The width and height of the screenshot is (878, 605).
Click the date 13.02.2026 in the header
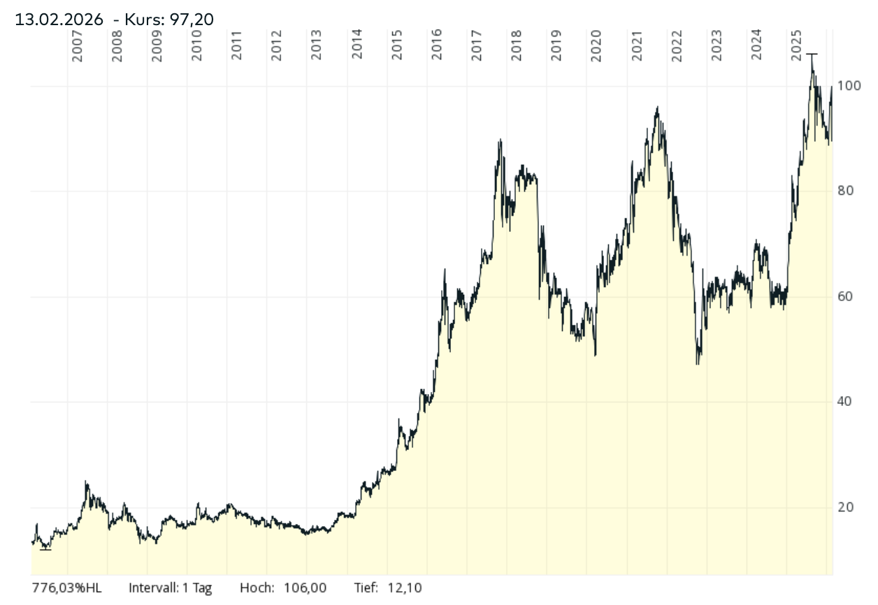(59, 19)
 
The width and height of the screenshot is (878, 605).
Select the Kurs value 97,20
(190, 19)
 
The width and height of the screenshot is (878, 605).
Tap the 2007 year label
(78, 45)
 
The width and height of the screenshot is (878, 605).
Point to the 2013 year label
(317, 45)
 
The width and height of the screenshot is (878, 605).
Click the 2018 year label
(516, 45)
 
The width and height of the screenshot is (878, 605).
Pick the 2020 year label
(596, 45)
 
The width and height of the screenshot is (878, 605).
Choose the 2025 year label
(796, 45)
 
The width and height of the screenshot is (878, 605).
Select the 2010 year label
(197, 45)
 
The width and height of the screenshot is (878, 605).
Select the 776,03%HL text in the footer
(66, 588)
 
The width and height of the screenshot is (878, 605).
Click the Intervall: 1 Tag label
(170, 588)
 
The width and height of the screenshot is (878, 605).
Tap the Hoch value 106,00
(303, 588)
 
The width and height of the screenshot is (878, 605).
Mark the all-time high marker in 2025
(812, 54)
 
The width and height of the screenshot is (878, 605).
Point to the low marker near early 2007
(45, 549)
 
